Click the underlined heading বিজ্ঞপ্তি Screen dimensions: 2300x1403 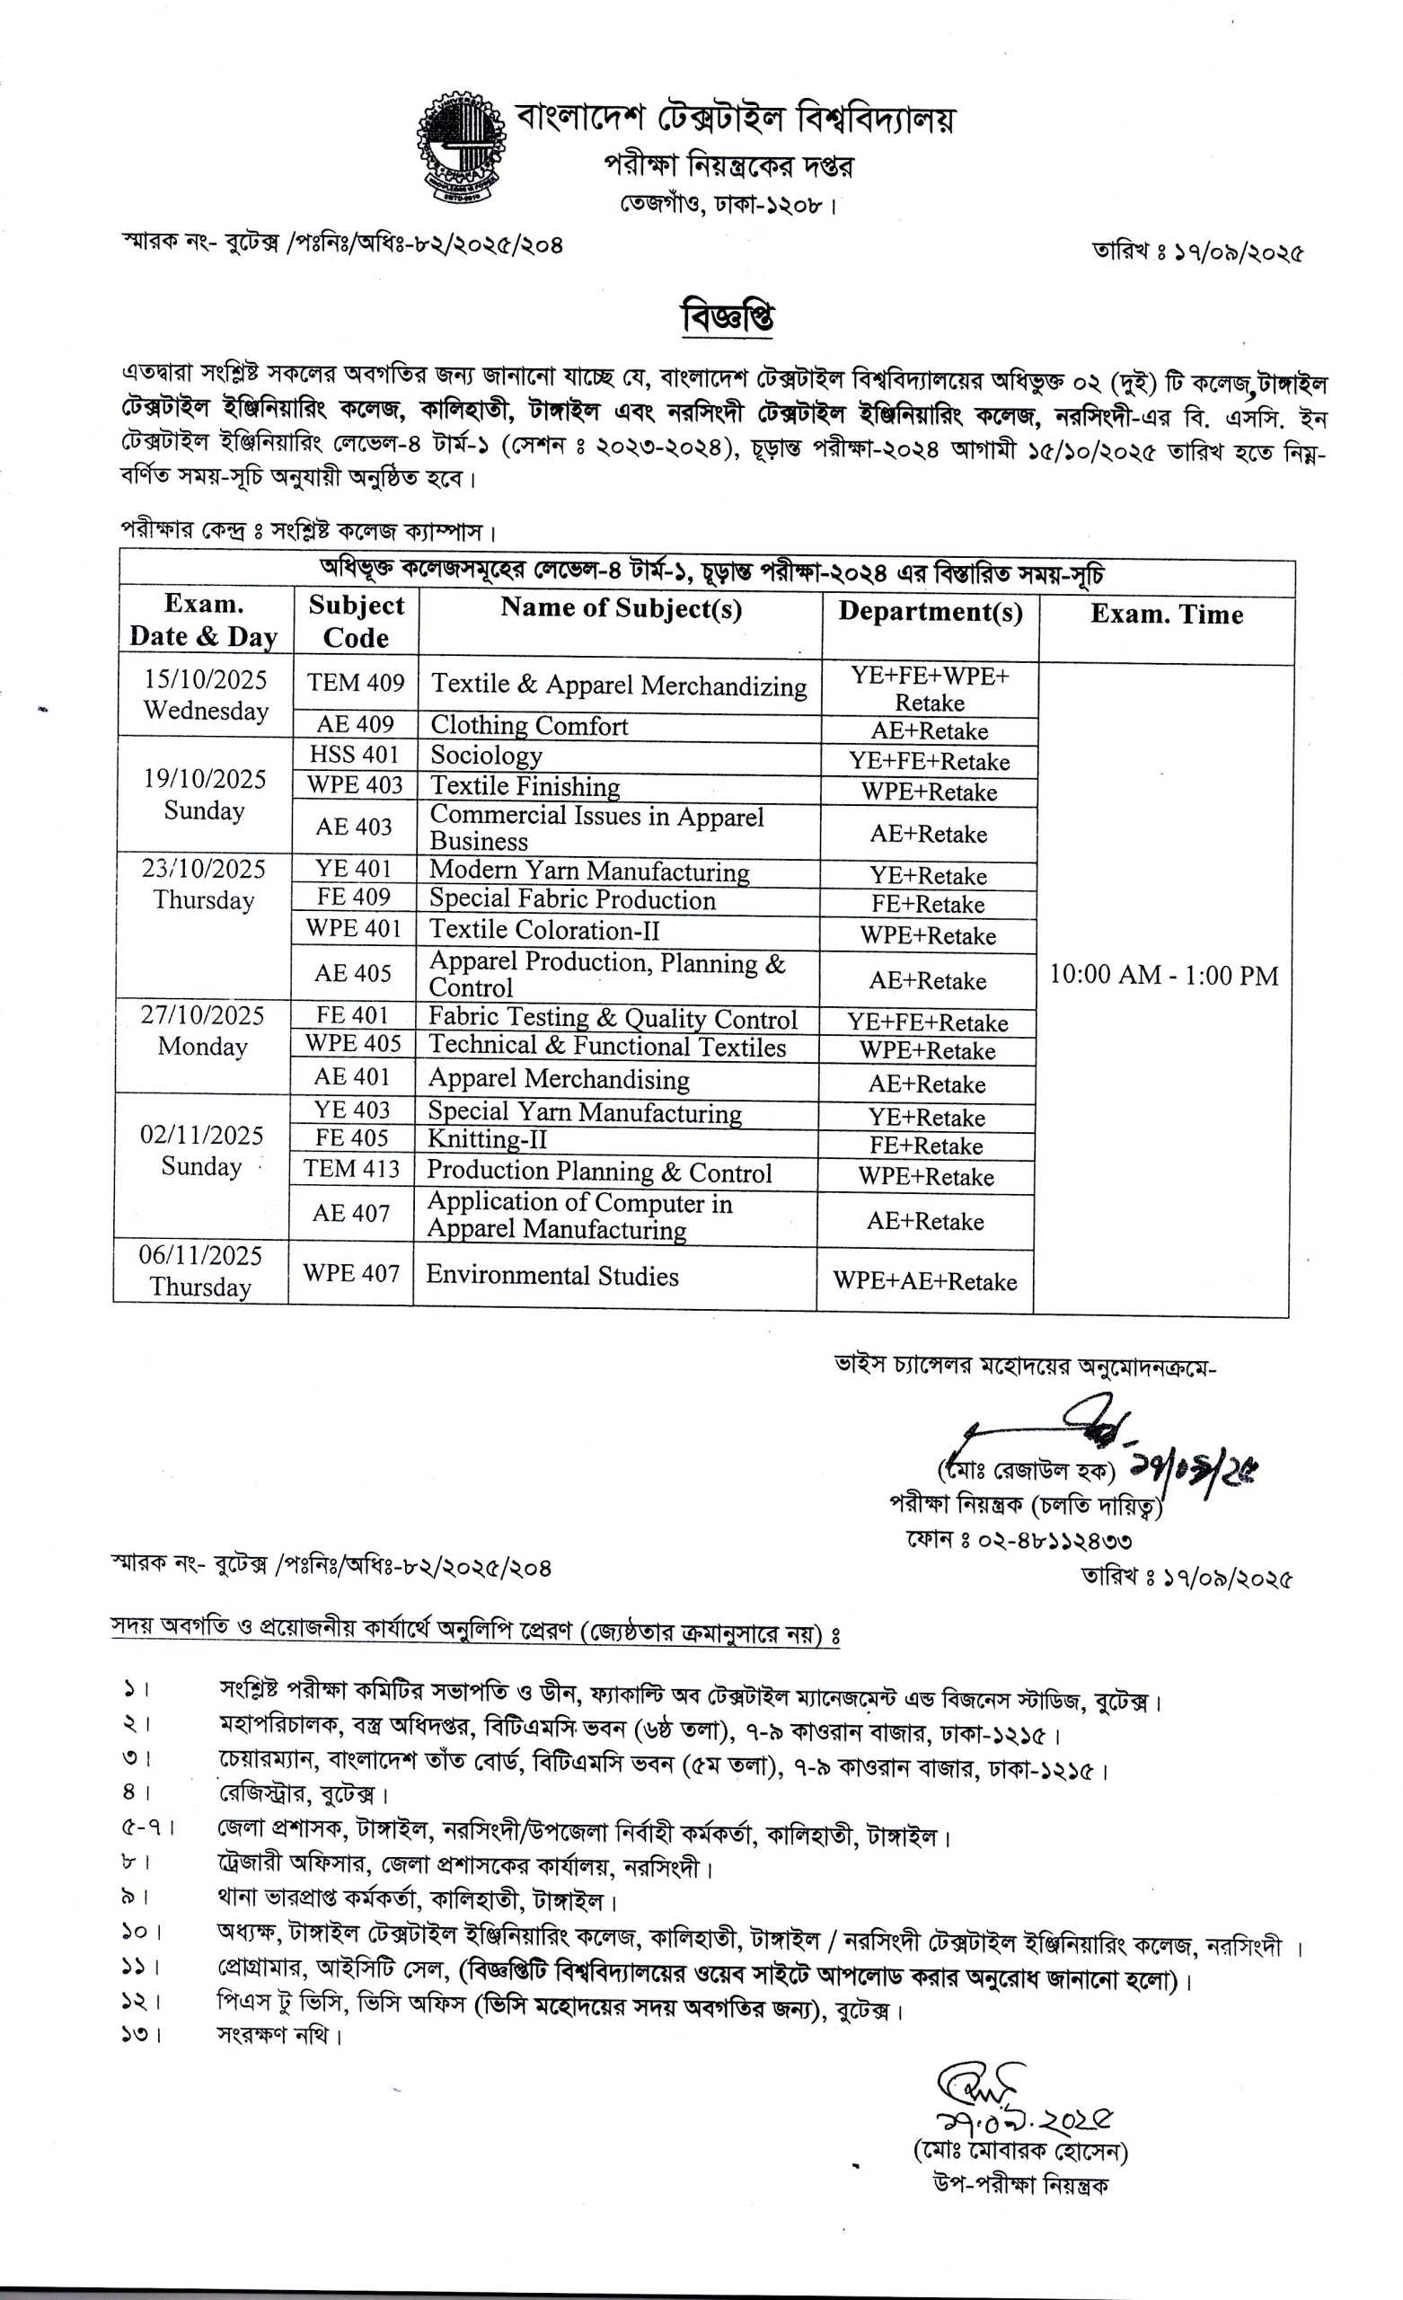[x=728, y=317]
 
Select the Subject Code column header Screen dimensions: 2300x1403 [x=357, y=622]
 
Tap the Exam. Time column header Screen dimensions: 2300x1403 [x=1166, y=615]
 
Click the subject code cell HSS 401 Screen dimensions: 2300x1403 [x=355, y=754]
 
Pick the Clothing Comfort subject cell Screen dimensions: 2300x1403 [x=529, y=725]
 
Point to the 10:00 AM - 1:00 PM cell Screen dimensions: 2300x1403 [x=1163, y=975]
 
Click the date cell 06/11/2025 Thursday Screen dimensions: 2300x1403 [x=200, y=1270]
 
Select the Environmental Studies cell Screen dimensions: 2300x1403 [x=551, y=1275]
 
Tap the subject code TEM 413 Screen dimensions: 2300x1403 [x=351, y=1169]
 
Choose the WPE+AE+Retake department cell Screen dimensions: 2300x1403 [x=924, y=1280]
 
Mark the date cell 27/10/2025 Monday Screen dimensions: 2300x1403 [x=203, y=1031]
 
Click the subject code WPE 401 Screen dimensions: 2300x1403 [x=354, y=929]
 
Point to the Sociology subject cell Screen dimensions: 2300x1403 [x=486, y=756]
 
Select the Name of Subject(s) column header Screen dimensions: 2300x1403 [x=621, y=608]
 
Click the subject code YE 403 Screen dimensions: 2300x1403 [x=352, y=1110]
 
